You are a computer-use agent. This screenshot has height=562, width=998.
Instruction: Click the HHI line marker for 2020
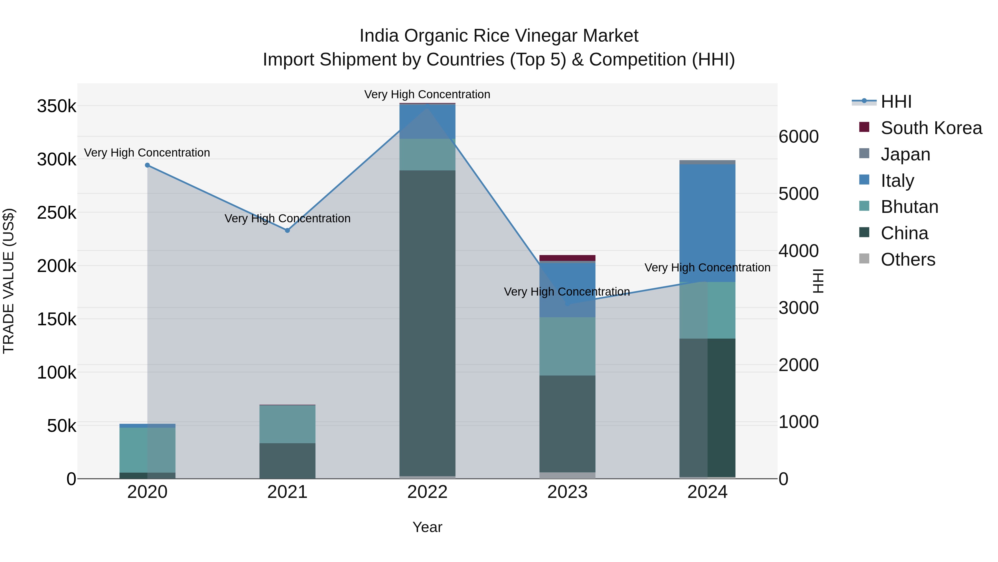coord(147,165)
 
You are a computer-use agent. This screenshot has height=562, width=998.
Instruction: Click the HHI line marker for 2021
coord(287,230)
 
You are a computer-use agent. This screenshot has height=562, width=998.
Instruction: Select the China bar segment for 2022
coord(427,322)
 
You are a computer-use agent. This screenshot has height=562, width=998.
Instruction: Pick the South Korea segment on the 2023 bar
coord(567,258)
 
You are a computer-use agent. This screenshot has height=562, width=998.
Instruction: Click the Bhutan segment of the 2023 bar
coord(567,346)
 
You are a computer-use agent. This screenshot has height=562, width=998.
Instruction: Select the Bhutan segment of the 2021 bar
coord(287,424)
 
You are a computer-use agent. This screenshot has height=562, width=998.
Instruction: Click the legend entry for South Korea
coord(931,128)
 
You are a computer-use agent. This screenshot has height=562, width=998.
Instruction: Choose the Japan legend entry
coord(905,154)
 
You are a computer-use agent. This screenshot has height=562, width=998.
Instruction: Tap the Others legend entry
coord(908,259)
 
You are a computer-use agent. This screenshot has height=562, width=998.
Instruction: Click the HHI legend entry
coord(896,102)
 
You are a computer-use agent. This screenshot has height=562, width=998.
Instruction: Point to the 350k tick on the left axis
coord(57,106)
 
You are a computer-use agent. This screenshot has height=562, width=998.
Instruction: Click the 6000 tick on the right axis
coord(798,137)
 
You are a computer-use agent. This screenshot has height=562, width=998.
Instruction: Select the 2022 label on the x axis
coord(427,492)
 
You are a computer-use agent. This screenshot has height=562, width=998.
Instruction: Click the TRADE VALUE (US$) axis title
coord(9,281)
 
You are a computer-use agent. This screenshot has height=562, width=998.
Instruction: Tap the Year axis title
coord(427,527)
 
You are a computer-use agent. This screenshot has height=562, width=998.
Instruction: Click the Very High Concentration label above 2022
coord(427,95)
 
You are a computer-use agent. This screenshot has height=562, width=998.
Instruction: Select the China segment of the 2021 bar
coord(287,461)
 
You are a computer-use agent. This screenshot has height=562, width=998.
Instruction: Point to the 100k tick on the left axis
coord(57,373)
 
